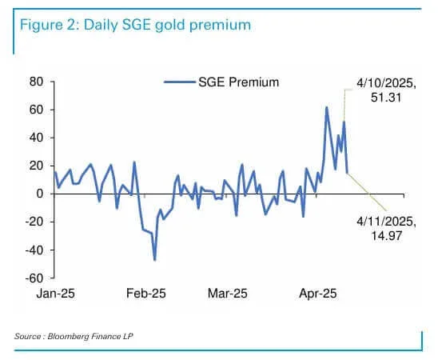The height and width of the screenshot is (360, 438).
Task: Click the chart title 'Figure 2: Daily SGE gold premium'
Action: (132, 26)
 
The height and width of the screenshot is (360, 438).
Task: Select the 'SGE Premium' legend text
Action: (238, 82)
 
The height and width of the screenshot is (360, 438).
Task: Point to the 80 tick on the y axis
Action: (35, 82)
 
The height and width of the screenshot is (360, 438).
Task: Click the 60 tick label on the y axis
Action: (35, 110)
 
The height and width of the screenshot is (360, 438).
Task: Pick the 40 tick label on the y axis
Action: (35, 138)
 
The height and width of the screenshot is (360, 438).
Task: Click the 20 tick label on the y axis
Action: (35, 166)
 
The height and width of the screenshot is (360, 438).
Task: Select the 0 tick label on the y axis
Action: (38, 194)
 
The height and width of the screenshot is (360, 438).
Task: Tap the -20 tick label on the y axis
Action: (34, 222)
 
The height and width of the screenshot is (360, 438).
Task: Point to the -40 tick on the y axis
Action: (34, 250)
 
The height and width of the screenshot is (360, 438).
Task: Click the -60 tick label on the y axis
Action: (34, 278)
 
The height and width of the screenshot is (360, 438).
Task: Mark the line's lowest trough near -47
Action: (154, 259)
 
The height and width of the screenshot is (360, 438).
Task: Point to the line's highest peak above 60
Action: (326, 107)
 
